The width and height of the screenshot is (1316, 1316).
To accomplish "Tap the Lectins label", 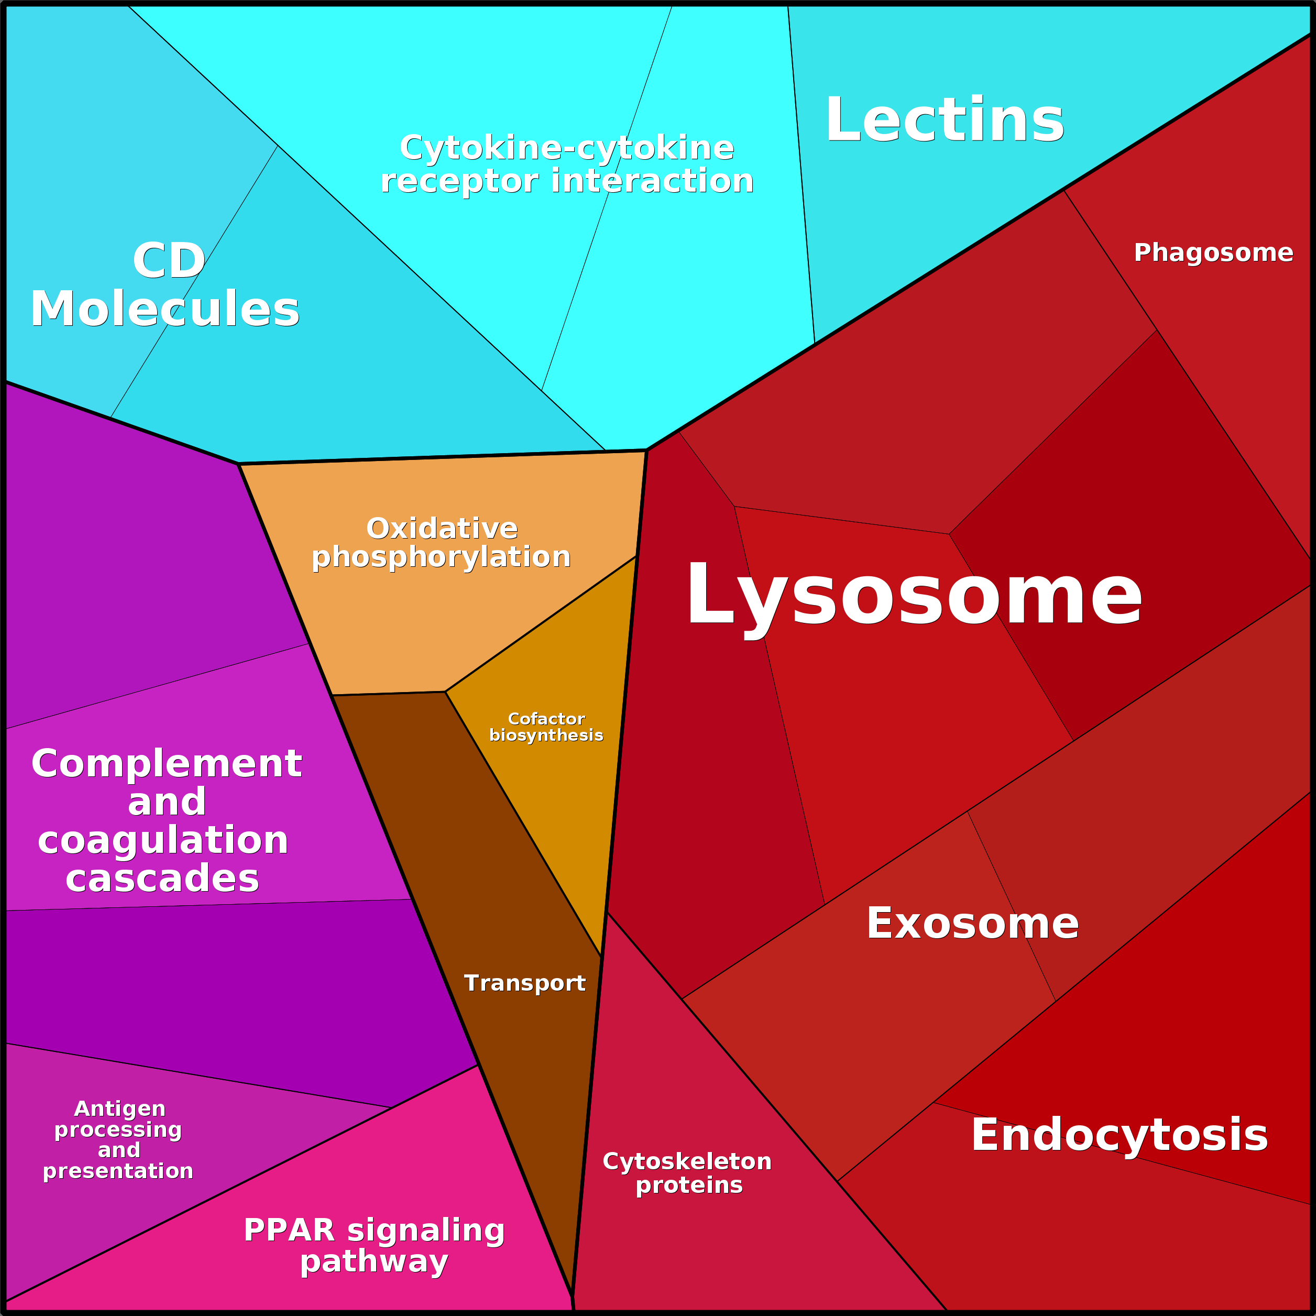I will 944,120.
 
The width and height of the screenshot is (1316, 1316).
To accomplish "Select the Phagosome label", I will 1213,253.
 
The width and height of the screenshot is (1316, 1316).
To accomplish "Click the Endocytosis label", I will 1119,1135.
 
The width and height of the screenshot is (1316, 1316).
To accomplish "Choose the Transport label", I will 524,983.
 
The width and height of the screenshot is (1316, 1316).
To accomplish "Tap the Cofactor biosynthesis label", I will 546,727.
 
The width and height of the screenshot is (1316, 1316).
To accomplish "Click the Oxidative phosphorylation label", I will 442,543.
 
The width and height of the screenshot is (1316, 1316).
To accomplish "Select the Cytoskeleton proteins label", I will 687,1173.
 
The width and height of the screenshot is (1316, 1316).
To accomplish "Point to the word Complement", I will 167,764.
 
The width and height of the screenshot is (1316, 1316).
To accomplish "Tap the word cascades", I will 163,879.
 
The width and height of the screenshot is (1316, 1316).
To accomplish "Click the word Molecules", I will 165,309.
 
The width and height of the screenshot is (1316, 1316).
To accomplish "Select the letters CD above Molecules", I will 169,260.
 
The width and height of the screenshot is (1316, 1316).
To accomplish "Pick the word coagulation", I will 163,840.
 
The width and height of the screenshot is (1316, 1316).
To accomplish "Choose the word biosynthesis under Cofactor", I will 546,735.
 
